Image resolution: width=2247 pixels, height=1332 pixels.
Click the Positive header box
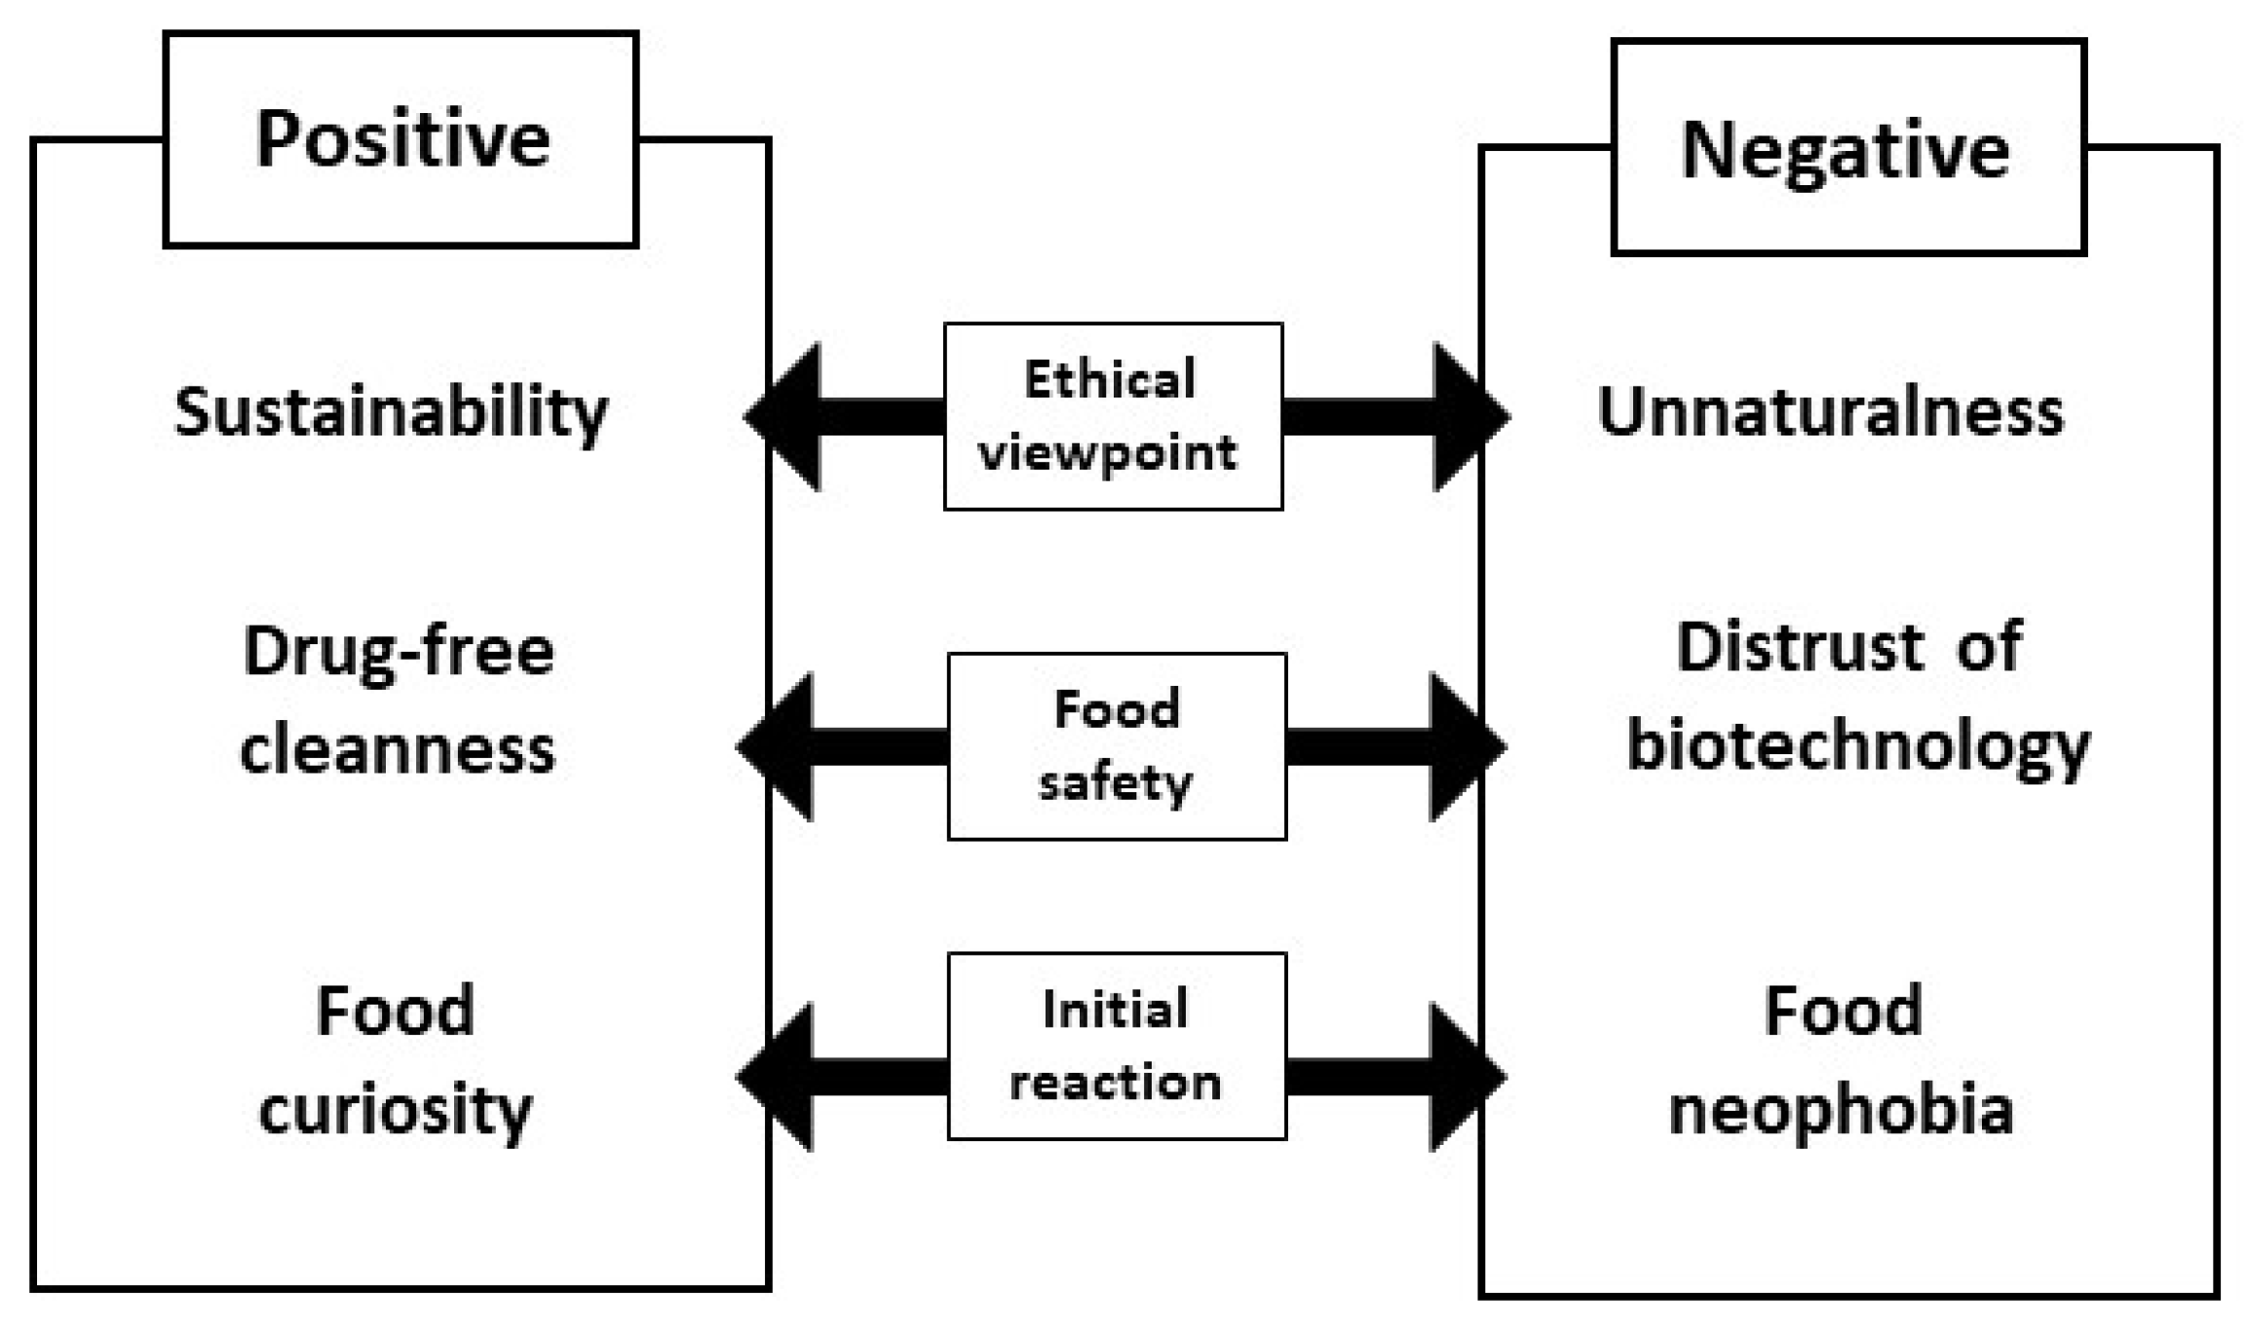[x=400, y=139]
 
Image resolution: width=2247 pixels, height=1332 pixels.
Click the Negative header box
[x=1847, y=148]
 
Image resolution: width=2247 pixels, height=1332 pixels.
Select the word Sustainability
[x=391, y=413]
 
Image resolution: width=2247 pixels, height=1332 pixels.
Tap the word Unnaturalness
[x=1830, y=411]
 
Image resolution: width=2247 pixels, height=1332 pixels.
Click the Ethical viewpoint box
[x=1113, y=416]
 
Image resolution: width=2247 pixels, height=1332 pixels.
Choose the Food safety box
[x=1117, y=746]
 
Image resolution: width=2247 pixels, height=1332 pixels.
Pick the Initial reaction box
[x=1117, y=1046]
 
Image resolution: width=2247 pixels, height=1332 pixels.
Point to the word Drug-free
[x=399, y=652]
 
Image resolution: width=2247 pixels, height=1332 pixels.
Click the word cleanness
[x=398, y=750]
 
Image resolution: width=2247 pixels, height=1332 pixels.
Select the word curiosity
[x=396, y=1111]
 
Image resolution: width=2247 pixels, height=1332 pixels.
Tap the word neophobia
[x=1841, y=1111]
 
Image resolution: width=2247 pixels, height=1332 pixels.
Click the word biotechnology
[x=1858, y=747]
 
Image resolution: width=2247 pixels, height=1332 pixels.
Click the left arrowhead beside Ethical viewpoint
[x=787, y=417]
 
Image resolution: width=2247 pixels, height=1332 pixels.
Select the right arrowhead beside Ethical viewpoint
[x=1467, y=417]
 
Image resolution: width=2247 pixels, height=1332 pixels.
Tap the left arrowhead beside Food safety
[x=780, y=747]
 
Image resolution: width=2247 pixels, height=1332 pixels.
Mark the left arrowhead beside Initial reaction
[x=780, y=1077]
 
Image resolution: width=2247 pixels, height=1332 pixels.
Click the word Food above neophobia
[x=1843, y=1010]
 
